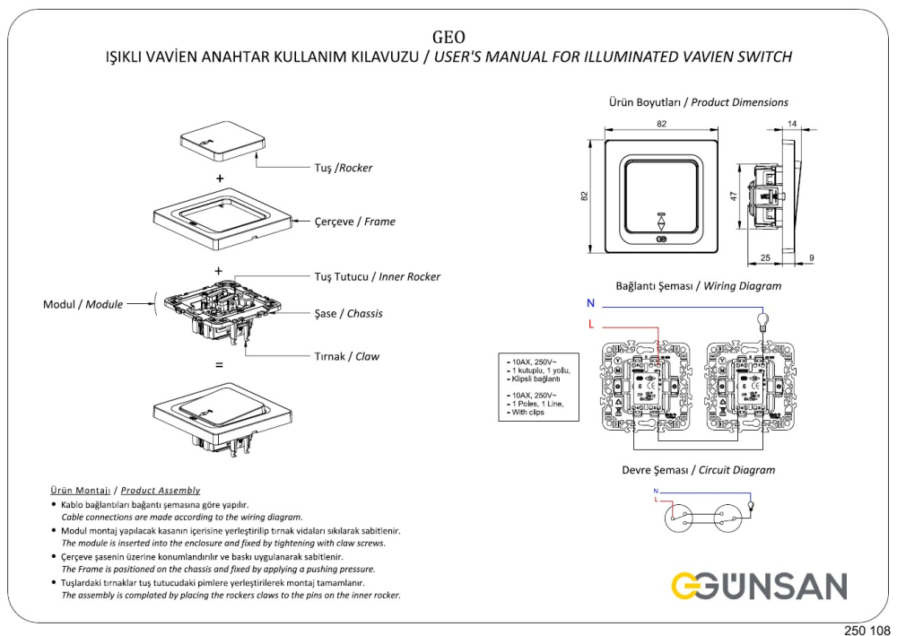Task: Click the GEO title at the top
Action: [448, 37]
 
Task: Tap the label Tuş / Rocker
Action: [343, 168]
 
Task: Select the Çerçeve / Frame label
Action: [354, 222]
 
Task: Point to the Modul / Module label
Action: [83, 304]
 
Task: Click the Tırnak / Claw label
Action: [346, 356]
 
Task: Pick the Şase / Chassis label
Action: [349, 314]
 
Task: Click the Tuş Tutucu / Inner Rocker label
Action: [377, 276]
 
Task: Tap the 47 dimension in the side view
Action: [733, 196]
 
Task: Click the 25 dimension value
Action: [764, 258]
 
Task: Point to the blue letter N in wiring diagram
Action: [590, 304]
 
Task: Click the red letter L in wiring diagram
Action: [590, 323]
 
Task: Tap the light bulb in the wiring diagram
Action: [763, 319]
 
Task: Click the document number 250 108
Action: [866, 629]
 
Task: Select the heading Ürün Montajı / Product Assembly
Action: [125, 491]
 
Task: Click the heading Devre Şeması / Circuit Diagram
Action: [698, 470]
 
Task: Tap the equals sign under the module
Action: [218, 366]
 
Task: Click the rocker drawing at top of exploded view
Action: [222, 144]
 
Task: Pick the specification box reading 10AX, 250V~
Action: [538, 387]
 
